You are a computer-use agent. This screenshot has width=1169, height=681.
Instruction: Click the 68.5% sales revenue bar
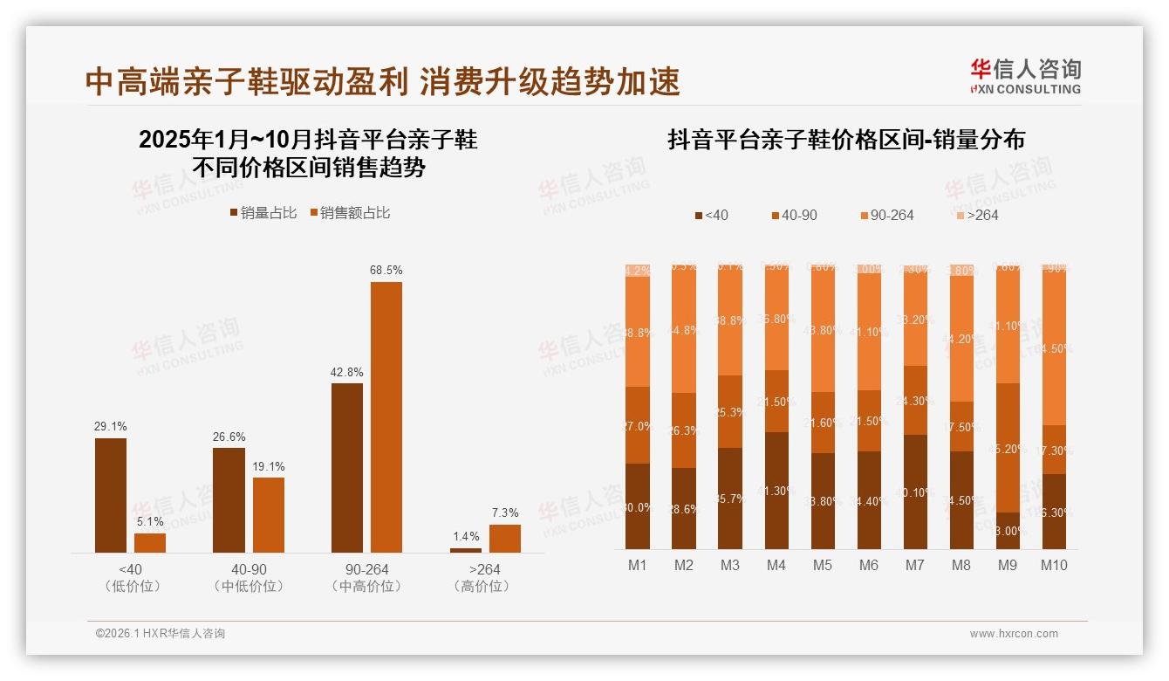(x=386, y=416)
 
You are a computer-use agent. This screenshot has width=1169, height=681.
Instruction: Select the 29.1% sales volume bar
(x=111, y=495)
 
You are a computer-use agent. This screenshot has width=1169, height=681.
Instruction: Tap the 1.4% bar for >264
(x=465, y=550)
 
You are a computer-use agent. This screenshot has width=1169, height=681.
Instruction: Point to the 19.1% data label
(x=269, y=467)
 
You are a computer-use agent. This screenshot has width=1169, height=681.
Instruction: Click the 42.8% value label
(x=347, y=372)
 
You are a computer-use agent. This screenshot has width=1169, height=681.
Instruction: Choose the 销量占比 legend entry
(x=263, y=213)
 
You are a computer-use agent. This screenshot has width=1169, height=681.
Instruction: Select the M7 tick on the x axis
(x=914, y=565)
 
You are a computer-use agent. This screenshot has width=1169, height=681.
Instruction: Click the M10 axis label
(x=1054, y=565)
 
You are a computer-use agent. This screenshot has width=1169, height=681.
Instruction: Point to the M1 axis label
(x=638, y=565)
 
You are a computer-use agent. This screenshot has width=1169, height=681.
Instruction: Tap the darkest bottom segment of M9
(x=1008, y=531)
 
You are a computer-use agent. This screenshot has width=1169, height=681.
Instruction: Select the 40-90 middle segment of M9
(x=1008, y=448)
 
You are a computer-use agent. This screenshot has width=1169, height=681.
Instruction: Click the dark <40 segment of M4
(x=776, y=491)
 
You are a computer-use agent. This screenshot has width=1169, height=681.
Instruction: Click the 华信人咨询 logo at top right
(x=1026, y=76)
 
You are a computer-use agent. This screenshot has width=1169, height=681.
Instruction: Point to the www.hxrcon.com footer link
(x=1014, y=634)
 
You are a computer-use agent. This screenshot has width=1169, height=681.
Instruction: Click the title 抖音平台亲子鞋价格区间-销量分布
(x=846, y=140)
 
